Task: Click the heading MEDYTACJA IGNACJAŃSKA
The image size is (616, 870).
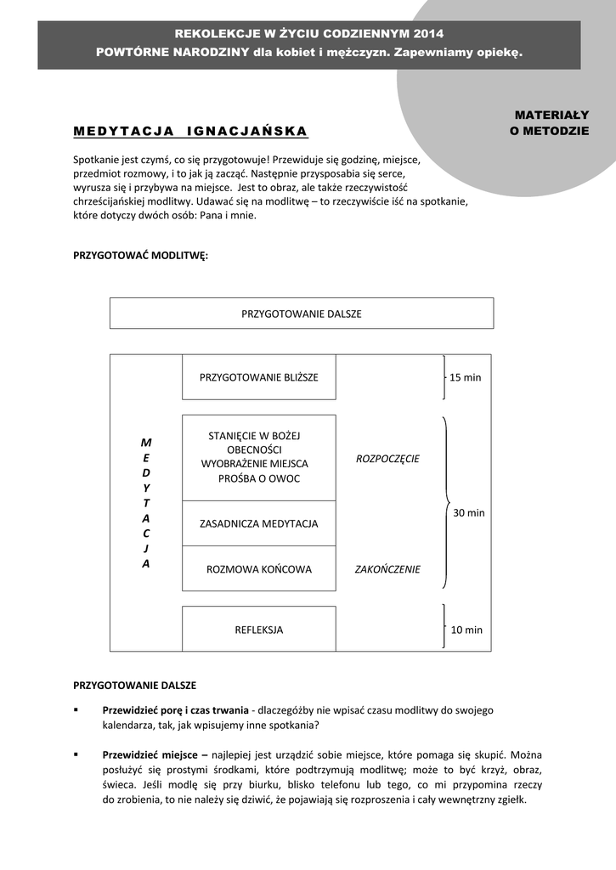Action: (x=190, y=132)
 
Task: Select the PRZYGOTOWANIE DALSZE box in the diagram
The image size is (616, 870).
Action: (x=302, y=314)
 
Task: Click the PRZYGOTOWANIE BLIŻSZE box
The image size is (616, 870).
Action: (x=259, y=377)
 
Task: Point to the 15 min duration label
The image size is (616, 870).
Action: (x=465, y=377)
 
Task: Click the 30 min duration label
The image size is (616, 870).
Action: (x=469, y=512)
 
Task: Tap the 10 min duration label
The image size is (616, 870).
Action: (x=466, y=630)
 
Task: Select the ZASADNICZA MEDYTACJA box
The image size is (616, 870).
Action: (x=259, y=523)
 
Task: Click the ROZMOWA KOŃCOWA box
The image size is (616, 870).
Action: (x=259, y=569)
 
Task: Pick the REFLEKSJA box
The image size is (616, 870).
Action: (x=259, y=630)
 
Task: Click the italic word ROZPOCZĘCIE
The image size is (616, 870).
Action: (x=387, y=459)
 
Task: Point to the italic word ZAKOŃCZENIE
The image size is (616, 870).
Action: (x=387, y=569)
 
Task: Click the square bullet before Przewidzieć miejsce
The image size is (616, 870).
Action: (x=76, y=754)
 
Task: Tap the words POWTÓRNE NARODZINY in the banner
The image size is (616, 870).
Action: (x=172, y=52)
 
